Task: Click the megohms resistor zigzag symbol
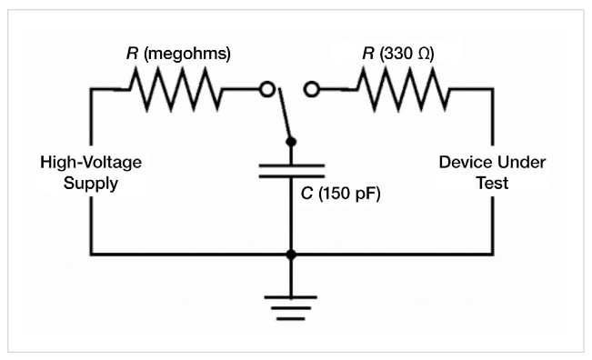tap(173, 89)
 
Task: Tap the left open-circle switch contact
tap(267, 89)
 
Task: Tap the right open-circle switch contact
tap(312, 89)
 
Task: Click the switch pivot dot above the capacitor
tap(291, 141)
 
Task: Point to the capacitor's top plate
tap(291, 165)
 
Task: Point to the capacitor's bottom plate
tap(291, 178)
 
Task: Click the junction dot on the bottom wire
tap(291, 255)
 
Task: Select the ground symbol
tap(291, 304)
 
